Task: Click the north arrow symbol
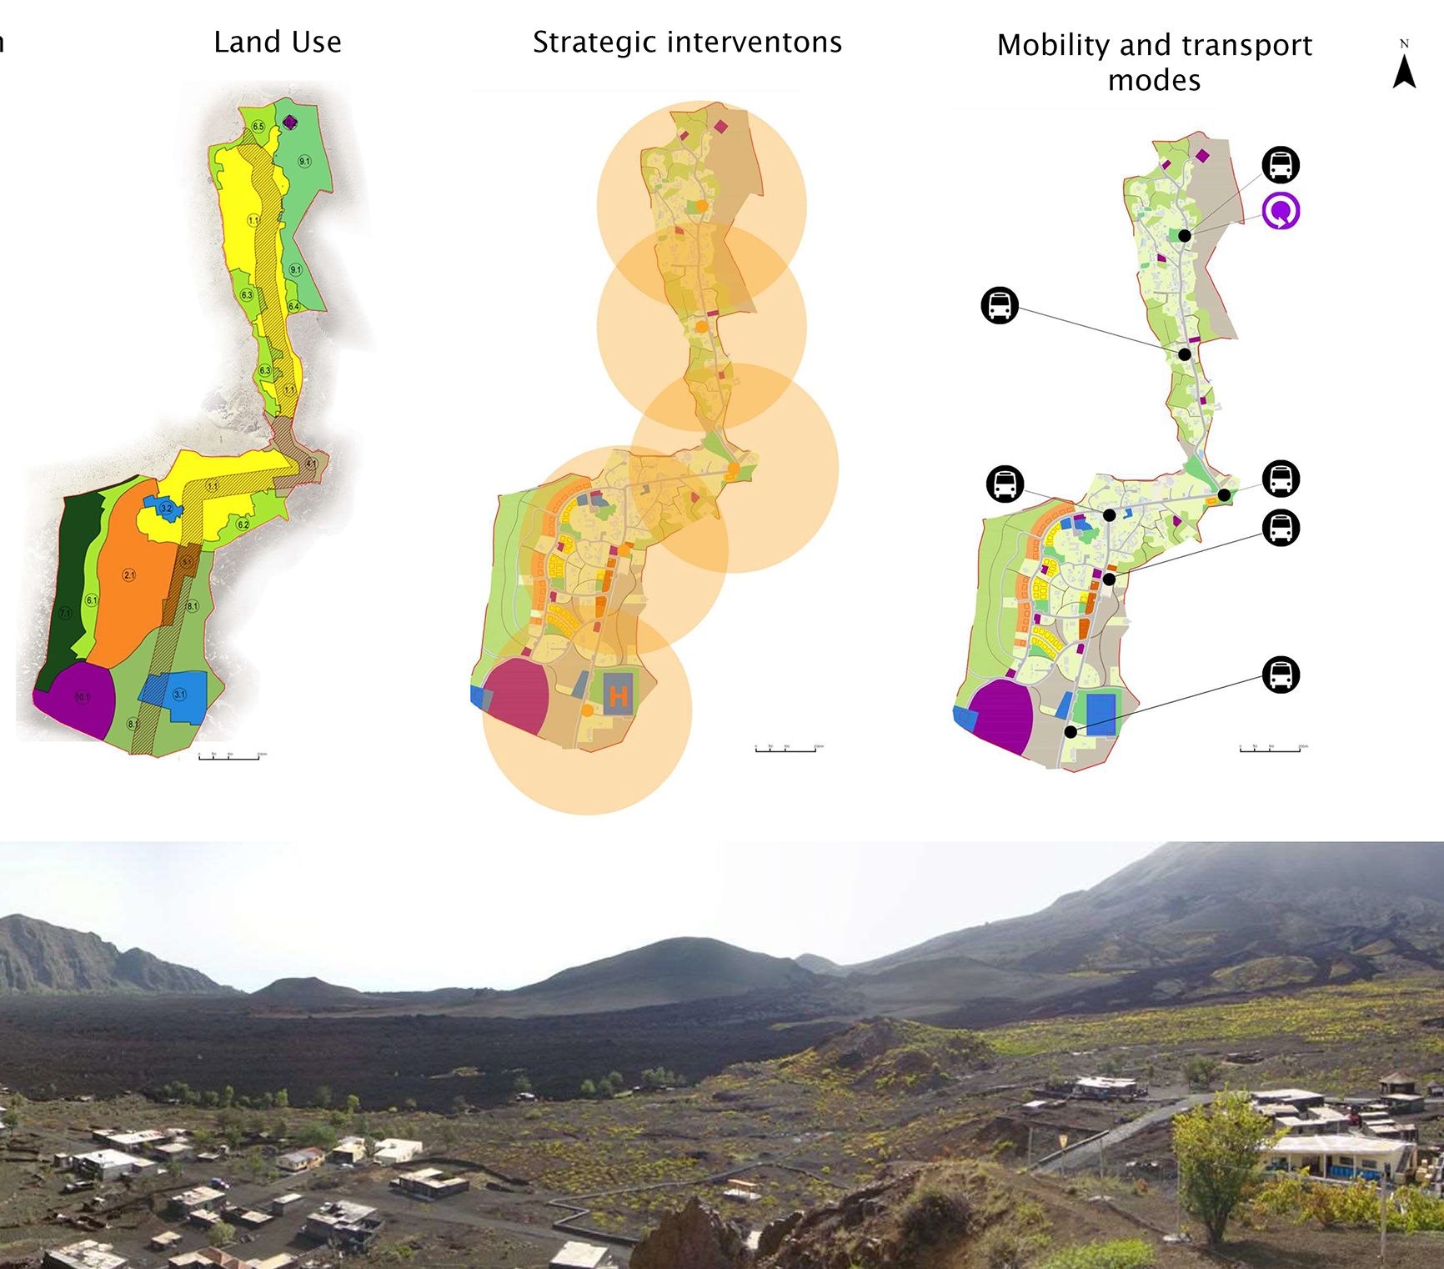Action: coord(1404,69)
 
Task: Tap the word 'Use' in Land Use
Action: coord(316,43)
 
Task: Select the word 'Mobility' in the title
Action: coord(1053,45)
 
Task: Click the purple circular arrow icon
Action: coord(1281,211)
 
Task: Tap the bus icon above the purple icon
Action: coord(1281,164)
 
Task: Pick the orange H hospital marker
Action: coord(618,696)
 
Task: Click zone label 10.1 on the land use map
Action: coord(83,697)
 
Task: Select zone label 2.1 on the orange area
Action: coord(129,575)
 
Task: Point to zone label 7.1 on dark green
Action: coord(66,613)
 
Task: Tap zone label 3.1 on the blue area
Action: coord(180,694)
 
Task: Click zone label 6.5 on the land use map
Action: coord(258,127)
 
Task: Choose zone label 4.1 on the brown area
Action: coord(311,464)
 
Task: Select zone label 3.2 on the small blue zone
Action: coord(167,509)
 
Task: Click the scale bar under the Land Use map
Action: coord(229,757)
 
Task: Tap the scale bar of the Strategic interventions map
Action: coord(786,750)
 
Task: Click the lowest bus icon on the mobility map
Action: coord(1281,675)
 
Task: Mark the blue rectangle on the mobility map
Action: coord(1101,714)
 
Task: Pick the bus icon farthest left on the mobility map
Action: coord(1000,305)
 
